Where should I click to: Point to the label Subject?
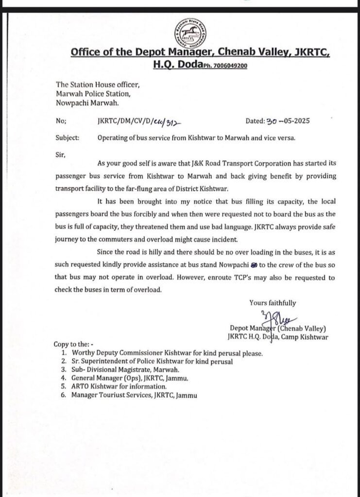tap(68, 137)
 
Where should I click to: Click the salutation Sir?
tap(61, 155)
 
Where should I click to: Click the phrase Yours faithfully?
tap(273, 302)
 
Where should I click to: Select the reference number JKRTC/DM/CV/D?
tap(122, 121)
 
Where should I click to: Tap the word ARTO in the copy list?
tap(81, 386)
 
